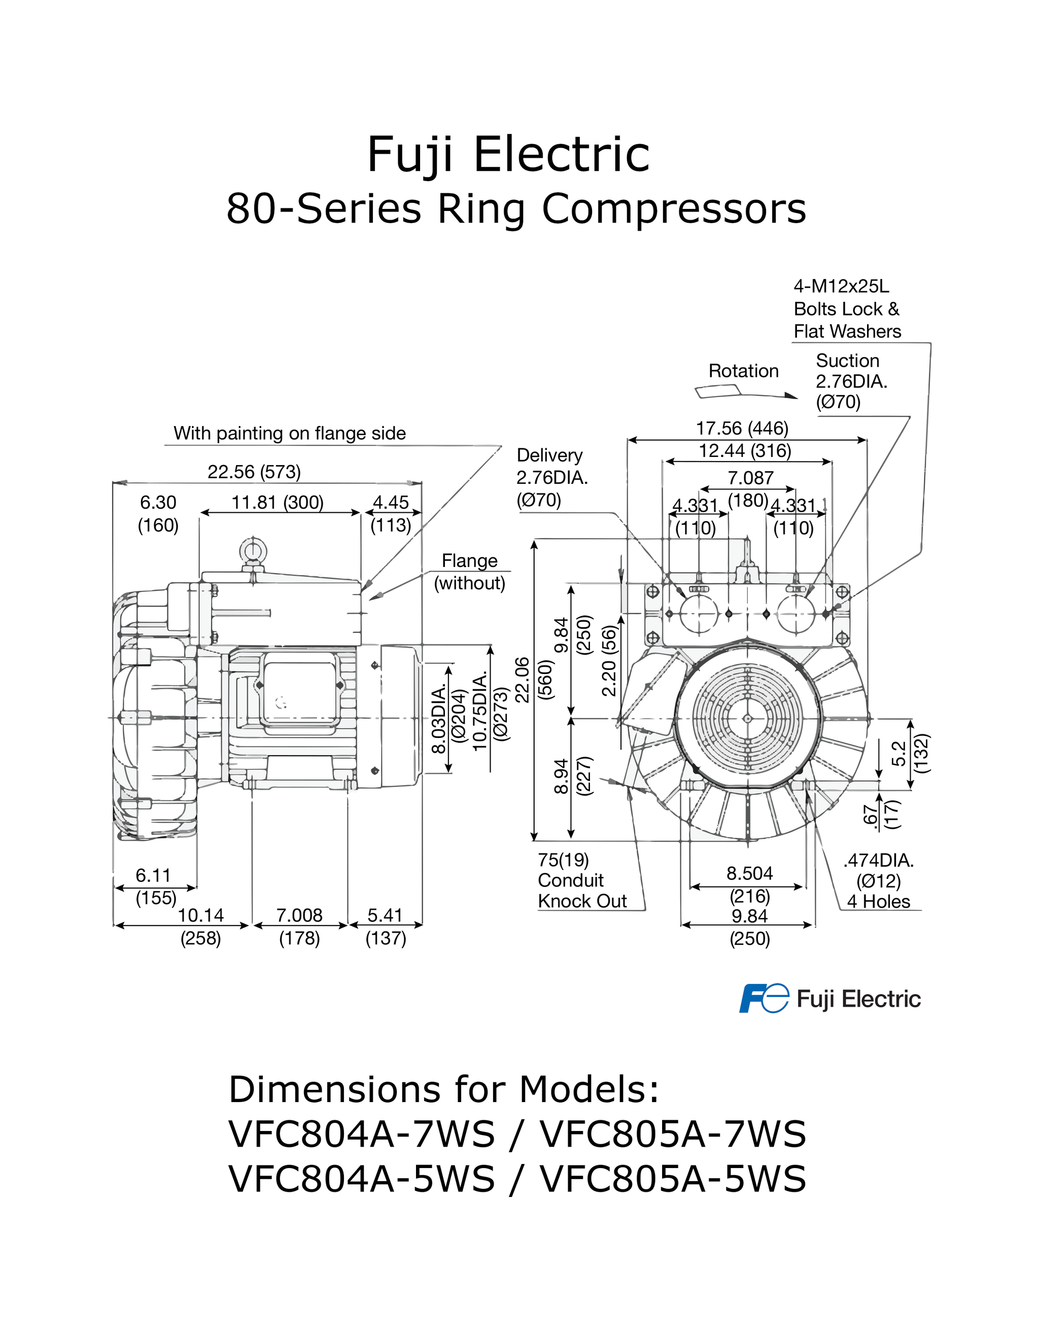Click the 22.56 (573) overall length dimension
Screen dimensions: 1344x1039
254,472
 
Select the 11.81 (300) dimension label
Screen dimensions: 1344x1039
277,503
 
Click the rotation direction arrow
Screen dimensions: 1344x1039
745,393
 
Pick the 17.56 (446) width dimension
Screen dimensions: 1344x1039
742,428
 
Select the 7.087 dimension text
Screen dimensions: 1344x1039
750,478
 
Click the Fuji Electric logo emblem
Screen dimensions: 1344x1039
763,998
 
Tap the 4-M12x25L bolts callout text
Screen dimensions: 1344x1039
846,309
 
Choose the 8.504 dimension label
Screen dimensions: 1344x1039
749,873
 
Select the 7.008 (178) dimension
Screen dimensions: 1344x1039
299,926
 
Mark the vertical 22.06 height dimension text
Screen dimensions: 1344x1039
522,680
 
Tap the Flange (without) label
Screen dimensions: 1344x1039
470,572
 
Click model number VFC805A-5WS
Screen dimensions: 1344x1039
673,1179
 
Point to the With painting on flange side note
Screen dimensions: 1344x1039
289,433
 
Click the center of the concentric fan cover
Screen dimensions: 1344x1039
747,718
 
